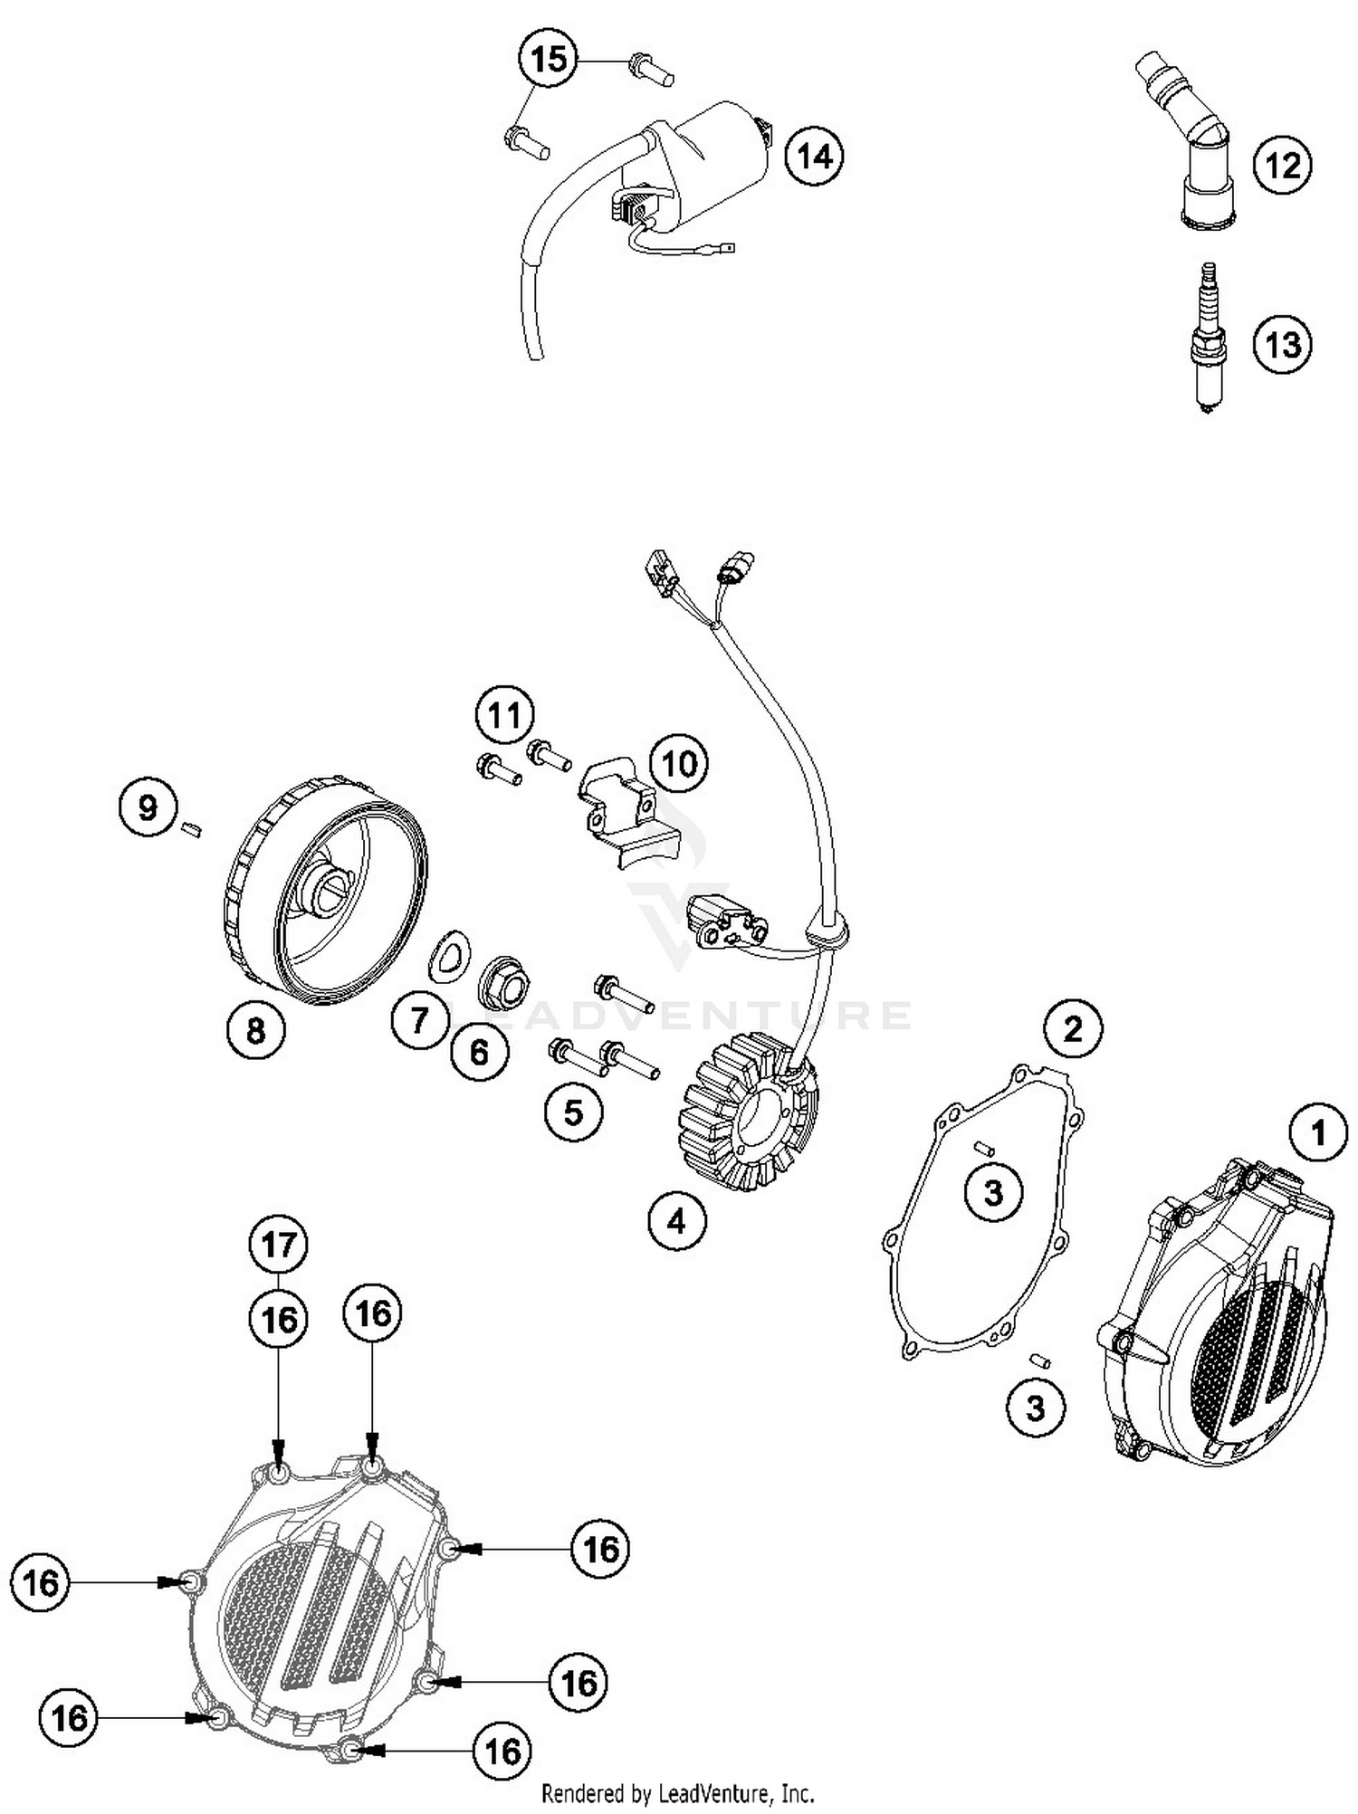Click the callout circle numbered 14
[814, 157]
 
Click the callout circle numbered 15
[549, 60]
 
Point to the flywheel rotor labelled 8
[326, 892]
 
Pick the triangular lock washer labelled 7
[449, 954]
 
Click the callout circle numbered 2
[1073, 1029]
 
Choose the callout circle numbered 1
[1318, 1132]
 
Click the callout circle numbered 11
[504, 715]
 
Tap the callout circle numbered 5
[573, 1112]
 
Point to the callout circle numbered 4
[676, 1222]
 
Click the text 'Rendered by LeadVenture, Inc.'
[677, 1793]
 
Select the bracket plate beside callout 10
[625, 808]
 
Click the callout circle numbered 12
[1283, 166]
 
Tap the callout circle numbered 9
[148, 807]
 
